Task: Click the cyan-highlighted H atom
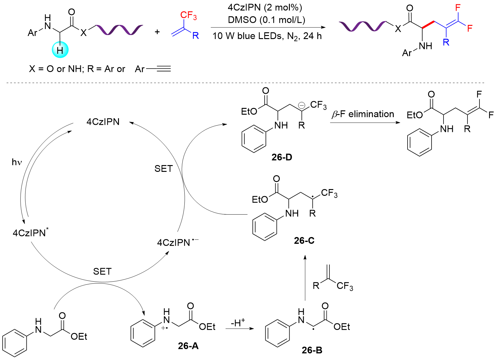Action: pos(60,50)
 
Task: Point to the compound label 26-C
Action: pos(304,240)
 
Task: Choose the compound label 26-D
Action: pos(282,157)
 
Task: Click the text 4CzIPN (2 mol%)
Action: pos(265,8)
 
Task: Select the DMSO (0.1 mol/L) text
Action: pos(266,20)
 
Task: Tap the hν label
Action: pos(17,162)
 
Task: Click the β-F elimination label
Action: pos(363,114)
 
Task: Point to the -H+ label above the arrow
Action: pos(238,322)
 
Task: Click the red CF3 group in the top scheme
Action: pos(188,16)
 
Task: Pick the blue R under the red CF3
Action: pos(195,36)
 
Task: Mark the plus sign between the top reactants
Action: pos(157,32)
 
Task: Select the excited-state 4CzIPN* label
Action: pos(31,232)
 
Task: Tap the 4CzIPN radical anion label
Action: pos(178,242)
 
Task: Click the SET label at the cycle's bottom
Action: pos(102,271)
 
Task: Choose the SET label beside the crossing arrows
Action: pos(164,169)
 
